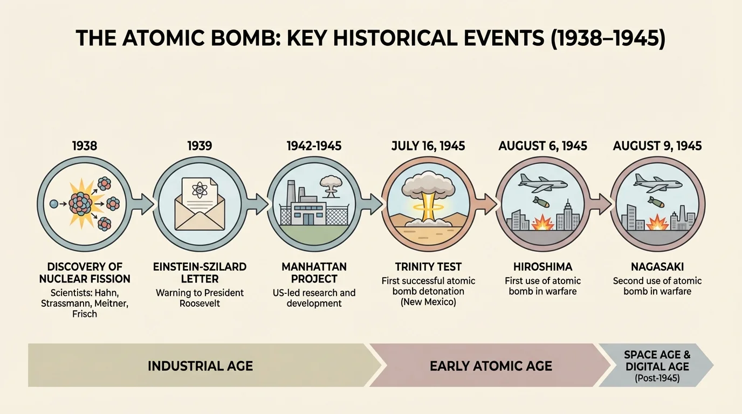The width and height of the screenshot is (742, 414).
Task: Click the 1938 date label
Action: (x=85, y=146)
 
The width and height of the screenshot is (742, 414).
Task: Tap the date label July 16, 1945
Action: (x=428, y=146)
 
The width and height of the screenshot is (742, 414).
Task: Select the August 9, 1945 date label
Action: (x=657, y=146)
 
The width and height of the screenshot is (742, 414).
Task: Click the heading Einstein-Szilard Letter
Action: (x=200, y=273)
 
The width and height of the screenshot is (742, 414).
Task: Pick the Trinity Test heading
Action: (x=428, y=266)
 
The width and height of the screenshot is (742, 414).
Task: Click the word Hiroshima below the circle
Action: (x=542, y=266)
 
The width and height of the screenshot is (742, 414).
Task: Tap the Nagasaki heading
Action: (x=657, y=266)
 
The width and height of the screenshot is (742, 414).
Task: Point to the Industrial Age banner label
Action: (x=200, y=366)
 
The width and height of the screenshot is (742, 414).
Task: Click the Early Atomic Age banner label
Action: (x=491, y=366)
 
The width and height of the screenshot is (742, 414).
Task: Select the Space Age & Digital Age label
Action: (x=657, y=361)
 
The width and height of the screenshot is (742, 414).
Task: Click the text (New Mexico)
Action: (x=428, y=302)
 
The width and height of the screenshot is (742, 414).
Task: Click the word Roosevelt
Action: (x=200, y=303)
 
